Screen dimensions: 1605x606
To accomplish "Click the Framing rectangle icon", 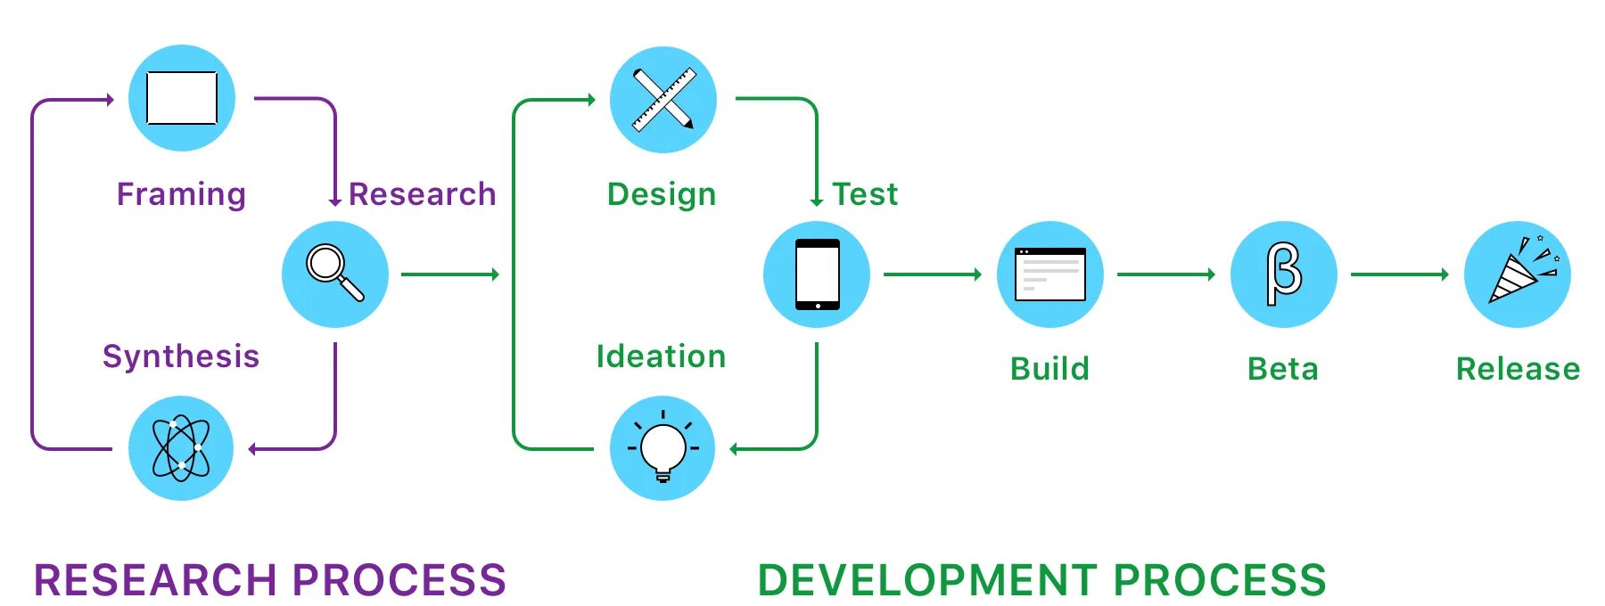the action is [182, 98].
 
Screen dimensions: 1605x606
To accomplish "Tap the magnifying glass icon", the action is [335, 274].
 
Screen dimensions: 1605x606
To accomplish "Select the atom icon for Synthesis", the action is [181, 447].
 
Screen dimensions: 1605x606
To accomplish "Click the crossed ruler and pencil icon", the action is [663, 99].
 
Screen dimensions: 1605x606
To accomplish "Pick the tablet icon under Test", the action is [817, 274].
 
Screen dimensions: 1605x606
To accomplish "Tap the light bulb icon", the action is [663, 447].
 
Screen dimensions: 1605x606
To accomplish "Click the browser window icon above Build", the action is [1050, 274].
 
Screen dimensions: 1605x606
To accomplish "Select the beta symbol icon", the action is [1284, 274].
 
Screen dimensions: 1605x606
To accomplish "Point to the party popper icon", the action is [1518, 274].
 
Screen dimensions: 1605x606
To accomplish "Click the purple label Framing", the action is [181, 194].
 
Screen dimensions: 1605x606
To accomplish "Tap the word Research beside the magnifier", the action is [422, 194].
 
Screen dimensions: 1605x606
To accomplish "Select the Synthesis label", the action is [181, 356].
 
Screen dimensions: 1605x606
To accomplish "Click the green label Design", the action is [662, 194].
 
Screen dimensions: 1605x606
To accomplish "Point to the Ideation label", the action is [662, 356].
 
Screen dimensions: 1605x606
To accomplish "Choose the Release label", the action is [1518, 369].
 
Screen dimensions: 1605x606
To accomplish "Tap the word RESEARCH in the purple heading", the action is [155, 580].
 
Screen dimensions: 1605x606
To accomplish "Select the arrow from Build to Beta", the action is [1166, 274].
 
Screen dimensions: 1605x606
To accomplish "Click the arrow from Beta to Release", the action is [1400, 274].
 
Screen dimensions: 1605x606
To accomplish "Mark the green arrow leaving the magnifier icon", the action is [450, 274].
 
